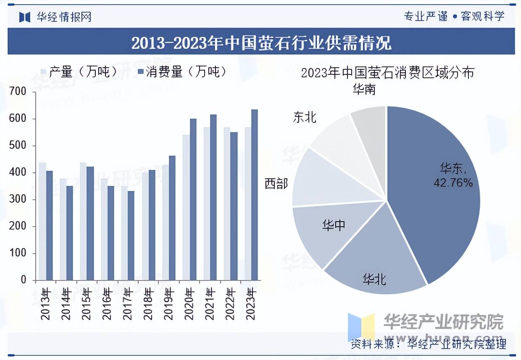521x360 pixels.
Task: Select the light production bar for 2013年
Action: point(42,221)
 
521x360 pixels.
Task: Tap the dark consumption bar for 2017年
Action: point(131,236)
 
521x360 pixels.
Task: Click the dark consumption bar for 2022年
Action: point(234,206)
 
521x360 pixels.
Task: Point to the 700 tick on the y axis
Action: point(17,92)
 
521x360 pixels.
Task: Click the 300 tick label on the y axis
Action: point(17,199)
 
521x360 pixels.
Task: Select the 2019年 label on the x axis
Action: point(168,304)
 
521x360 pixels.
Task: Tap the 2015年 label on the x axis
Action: point(86,304)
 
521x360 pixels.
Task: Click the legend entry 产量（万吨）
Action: point(80,72)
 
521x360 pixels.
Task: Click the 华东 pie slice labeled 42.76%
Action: point(437,185)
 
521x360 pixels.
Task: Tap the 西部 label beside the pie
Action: point(276,184)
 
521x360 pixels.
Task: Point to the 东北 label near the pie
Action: point(305,117)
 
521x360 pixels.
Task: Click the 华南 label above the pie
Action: point(364,90)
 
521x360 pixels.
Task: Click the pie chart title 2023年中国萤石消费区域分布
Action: point(387,73)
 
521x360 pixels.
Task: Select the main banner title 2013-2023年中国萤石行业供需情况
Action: point(261,42)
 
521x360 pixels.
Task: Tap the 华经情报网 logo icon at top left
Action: point(25,17)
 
